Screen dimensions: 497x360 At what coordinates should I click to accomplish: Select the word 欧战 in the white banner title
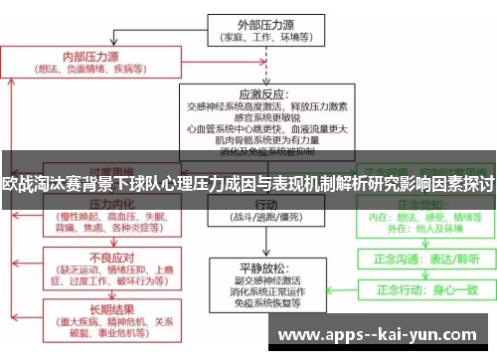(17, 184)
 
